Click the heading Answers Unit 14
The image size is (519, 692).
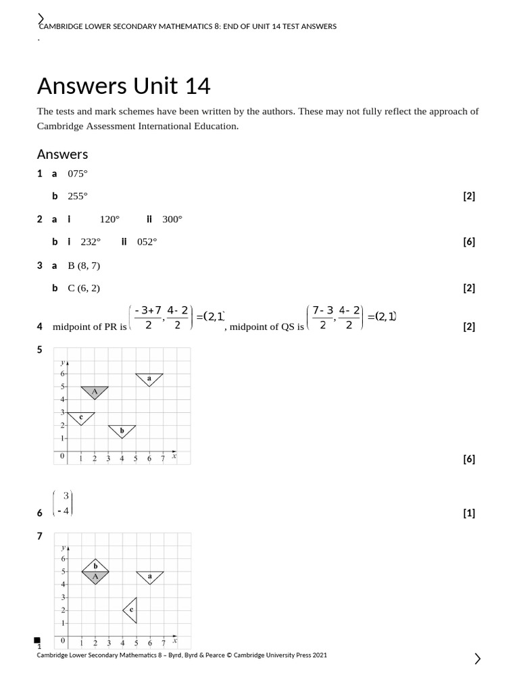[x=124, y=86]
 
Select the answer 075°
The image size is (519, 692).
[x=78, y=174]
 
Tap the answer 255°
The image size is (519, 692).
[x=78, y=197]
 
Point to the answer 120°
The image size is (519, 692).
[x=109, y=220]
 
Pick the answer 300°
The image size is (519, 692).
[x=172, y=220]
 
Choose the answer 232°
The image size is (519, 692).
[x=91, y=242]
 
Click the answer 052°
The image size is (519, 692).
[x=147, y=242]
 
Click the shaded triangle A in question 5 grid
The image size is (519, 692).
[x=95, y=391]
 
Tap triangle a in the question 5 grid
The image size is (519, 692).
[x=149, y=378]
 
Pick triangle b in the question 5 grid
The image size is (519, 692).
[x=122, y=430]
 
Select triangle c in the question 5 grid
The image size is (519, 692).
[x=81, y=418]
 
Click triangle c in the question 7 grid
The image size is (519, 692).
[x=131, y=610]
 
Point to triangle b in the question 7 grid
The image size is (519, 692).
[x=95, y=566]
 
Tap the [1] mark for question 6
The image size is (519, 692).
[x=469, y=514]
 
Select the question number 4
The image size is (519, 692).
[x=40, y=327]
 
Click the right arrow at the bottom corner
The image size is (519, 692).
[x=478, y=659]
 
